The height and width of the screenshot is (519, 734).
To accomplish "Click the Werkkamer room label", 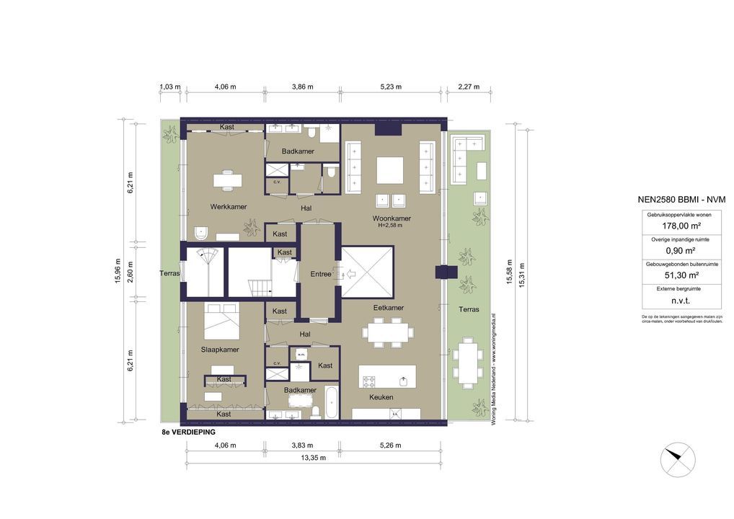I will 228,207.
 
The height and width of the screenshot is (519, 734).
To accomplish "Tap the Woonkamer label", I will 392,218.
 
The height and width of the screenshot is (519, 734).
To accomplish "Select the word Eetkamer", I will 388,308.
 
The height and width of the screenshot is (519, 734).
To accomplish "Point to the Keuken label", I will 381,397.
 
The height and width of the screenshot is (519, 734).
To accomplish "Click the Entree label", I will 320,274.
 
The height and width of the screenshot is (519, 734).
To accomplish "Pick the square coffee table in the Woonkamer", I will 392,171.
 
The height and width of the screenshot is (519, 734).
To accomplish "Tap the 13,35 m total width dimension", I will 313,457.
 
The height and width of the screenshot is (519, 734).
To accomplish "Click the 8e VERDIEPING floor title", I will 189,432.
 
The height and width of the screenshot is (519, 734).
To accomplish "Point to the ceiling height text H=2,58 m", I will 390,226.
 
